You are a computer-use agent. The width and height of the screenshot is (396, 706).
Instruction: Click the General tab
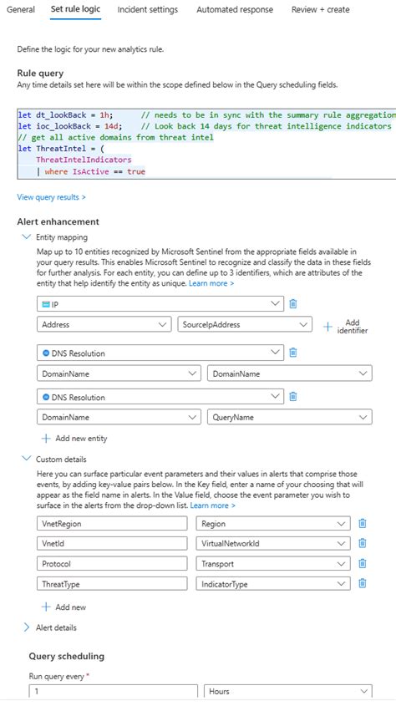[21, 10]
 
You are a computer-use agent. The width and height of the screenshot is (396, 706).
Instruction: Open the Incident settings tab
[147, 10]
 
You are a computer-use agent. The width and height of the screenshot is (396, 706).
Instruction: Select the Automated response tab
[234, 10]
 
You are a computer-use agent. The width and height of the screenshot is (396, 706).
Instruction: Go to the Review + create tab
[320, 10]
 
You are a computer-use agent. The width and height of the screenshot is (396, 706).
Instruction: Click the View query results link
[51, 197]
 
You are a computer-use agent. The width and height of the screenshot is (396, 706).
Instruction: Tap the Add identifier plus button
[327, 326]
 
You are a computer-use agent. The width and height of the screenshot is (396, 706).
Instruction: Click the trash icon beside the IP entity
[293, 304]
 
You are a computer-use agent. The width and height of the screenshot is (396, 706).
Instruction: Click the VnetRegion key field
[113, 523]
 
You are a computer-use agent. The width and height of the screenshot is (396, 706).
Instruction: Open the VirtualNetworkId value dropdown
[272, 543]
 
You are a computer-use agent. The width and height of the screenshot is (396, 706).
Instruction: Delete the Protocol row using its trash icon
[362, 564]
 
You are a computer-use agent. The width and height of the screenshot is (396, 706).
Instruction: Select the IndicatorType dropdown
[272, 584]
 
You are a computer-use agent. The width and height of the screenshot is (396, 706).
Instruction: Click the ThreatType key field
[113, 584]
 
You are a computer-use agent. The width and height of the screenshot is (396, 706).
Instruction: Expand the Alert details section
[55, 627]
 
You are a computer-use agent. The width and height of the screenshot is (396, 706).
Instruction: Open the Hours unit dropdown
[287, 692]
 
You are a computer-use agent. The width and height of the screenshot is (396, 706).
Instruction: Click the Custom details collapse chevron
[26, 459]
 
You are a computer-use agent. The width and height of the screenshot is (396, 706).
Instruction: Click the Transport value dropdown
[272, 564]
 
